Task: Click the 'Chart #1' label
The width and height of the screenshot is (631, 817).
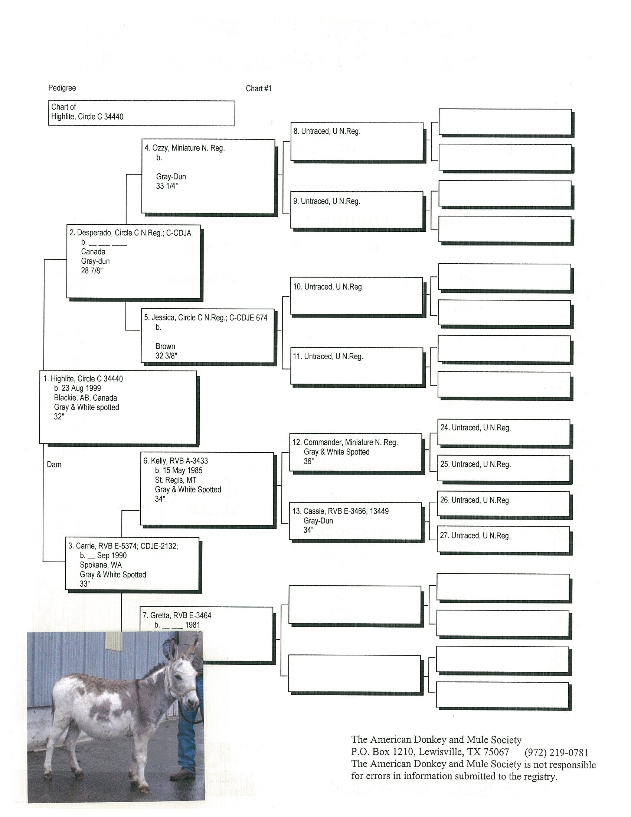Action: pos(259,89)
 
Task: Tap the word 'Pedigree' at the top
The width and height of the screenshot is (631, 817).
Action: pos(62,88)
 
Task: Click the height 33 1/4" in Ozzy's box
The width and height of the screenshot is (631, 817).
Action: pos(167,186)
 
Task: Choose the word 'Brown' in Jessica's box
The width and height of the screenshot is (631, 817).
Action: pos(165,346)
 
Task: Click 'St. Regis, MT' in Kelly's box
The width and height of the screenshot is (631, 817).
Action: pos(176,480)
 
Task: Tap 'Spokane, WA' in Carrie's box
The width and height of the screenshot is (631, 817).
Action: pos(101,565)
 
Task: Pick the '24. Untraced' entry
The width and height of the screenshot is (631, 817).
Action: pos(475,427)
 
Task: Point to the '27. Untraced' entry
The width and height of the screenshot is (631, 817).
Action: pos(475,536)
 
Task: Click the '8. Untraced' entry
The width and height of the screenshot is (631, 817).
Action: pos(327,131)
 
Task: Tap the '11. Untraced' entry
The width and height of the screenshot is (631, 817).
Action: pos(328,357)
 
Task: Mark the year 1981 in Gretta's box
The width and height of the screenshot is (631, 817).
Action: pos(193,625)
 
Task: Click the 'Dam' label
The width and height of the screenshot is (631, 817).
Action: pos(54,465)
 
